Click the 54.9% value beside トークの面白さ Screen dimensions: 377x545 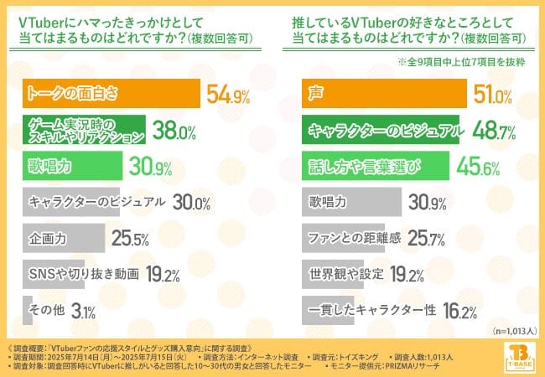pos(227,96)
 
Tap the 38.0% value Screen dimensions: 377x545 pos(174,132)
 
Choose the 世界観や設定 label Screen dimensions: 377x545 pos(345,275)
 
